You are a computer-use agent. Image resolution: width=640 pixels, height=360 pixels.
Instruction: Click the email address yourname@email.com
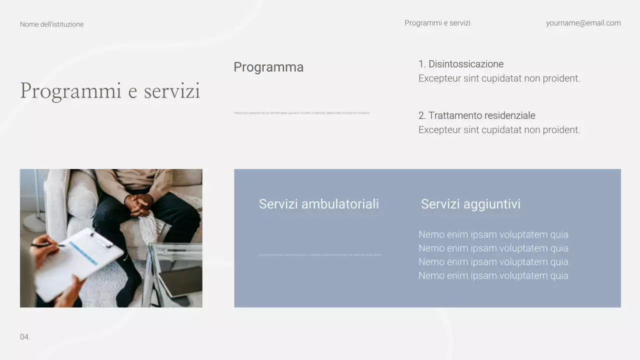tap(583, 23)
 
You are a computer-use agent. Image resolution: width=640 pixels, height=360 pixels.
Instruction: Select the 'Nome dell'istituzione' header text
tap(51, 24)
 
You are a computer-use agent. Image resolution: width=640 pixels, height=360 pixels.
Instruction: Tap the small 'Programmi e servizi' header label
tap(437, 23)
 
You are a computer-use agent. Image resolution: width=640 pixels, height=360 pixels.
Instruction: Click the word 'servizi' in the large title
tap(172, 91)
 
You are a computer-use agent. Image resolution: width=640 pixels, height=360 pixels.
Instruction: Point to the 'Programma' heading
tap(268, 67)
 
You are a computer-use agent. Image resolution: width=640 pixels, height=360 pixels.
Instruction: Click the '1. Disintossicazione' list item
tap(460, 64)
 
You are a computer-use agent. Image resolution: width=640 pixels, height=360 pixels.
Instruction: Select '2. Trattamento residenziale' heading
tap(476, 115)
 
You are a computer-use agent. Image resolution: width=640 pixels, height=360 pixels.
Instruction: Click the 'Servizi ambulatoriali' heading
tap(318, 204)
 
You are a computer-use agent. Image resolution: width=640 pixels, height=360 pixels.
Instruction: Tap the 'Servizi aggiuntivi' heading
tap(470, 204)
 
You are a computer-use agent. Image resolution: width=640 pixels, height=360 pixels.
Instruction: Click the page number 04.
tap(25, 337)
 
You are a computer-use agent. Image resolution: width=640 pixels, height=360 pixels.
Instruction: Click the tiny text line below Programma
tap(301, 113)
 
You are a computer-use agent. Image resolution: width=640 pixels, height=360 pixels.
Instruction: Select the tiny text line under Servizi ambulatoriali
tap(320, 255)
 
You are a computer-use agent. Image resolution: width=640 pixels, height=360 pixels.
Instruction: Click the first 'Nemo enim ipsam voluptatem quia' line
tap(493, 234)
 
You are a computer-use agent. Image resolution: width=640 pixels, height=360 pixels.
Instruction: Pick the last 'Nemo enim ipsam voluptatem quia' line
tap(493, 275)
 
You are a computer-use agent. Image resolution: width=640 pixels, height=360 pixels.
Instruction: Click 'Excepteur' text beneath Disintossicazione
tap(439, 78)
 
